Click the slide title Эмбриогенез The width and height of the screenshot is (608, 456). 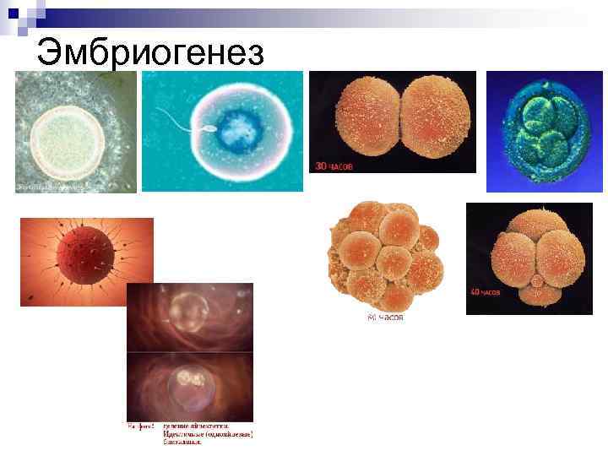click(151, 53)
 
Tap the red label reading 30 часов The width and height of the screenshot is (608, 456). click(334, 166)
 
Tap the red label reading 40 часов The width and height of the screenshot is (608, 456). click(486, 292)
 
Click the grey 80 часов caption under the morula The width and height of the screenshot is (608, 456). click(385, 318)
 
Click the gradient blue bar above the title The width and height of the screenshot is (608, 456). click(321, 14)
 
